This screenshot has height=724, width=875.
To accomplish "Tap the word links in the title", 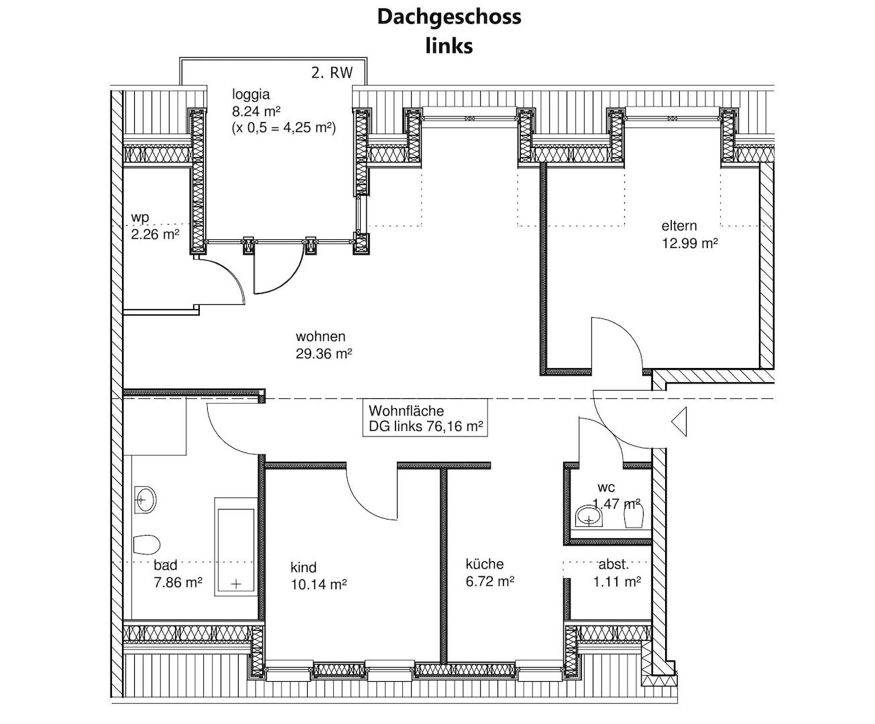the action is coord(449,46).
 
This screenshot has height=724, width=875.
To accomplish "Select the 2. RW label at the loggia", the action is coord(332,73).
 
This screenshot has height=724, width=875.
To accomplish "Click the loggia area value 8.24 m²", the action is coord(256,111).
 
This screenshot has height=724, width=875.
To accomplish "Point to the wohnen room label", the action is coord(320,337).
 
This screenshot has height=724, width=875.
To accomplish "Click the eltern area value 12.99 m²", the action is coord(690,243).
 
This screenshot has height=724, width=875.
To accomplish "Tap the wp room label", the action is coord(140,218).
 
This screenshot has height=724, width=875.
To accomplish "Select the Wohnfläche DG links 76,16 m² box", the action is coord(425,418).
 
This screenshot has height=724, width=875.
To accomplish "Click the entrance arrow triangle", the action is coord(679,422).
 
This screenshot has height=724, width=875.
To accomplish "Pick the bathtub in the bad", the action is coord(236,547).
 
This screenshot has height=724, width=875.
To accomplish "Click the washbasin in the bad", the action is coord(145,500).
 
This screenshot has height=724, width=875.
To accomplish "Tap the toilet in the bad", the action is coord(147,544).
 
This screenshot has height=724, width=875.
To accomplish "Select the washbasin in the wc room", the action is coord(589,516).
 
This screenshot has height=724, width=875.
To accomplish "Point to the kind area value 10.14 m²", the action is coord(318,585).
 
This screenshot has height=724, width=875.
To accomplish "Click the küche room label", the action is coord(484,564).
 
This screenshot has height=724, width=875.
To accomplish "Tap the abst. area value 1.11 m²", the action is coord(617,582).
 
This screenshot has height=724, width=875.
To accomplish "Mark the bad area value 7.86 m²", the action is coord(178,583).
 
